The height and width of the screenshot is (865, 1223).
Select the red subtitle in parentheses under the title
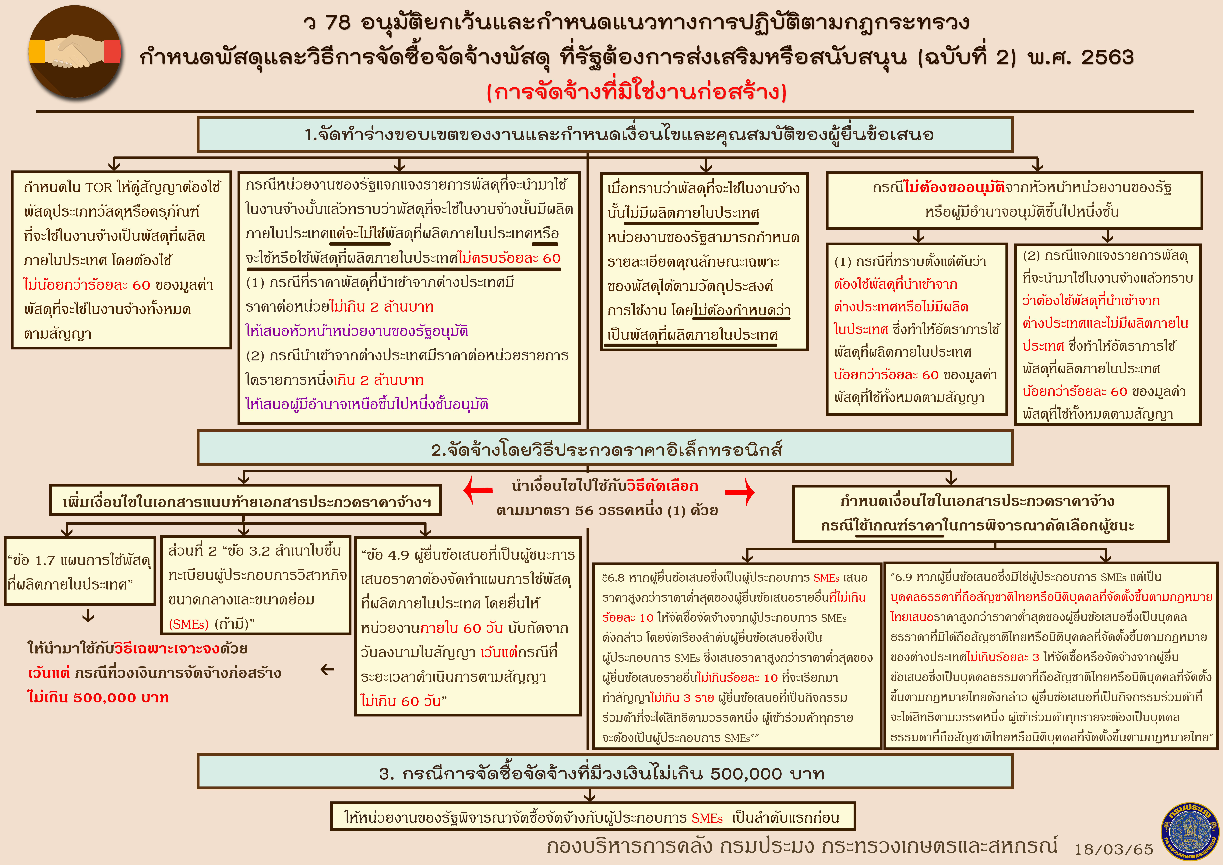point(636,92)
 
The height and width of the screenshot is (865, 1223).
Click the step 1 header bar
point(605,134)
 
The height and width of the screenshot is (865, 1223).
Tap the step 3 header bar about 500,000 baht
point(605,771)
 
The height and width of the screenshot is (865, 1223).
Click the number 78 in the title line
point(338,22)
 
